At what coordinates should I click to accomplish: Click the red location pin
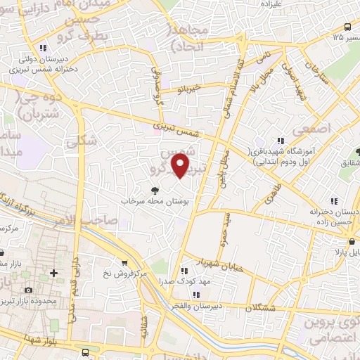(181, 166)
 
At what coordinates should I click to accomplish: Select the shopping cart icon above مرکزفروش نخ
(125, 263)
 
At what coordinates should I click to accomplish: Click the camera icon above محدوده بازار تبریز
(28, 290)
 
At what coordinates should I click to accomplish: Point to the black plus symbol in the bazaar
(53, 273)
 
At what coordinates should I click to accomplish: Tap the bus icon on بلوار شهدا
(86, 352)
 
